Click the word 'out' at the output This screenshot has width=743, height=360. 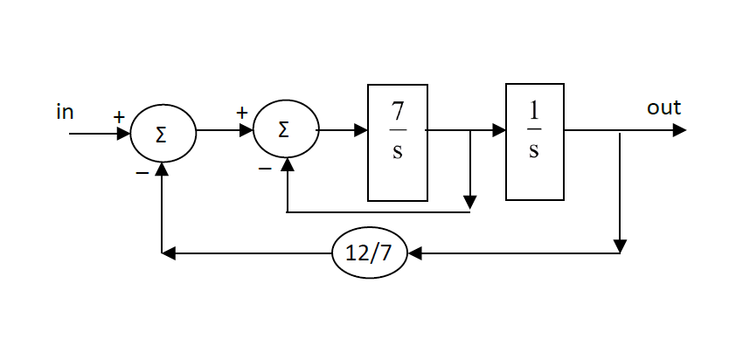pyautogui.click(x=663, y=108)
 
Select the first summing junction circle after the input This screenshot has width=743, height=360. pyautogui.click(x=163, y=135)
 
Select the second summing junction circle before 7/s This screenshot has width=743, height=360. pyautogui.click(x=286, y=131)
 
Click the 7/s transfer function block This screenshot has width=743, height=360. pyautogui.click(x=398, y=142)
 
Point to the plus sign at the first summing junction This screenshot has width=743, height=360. pyautogui.click(x=118, y=116)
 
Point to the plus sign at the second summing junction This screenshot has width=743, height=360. pyautogui.click(x=241, y=113)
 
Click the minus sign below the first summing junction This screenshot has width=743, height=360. pyautogui.click(x=142, y=173)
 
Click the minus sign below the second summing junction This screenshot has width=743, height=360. pyautogui.click(x=265, y=168)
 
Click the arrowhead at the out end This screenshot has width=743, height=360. pyautogui.click(x=679, y=130)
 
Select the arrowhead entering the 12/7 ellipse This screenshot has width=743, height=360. pyautogui.click(x=415, y=253)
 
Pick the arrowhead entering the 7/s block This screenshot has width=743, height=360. pyautogui.click(x=360, y=131)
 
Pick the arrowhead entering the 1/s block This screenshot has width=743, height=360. pyautogui.click(x=499, y=131)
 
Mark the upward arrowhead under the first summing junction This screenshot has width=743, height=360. pyautogui.click(x=163, y=169)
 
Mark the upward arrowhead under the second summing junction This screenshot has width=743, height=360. pyautogui.click(x=287, y=165)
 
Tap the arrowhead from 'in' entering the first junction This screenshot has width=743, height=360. pyautogui.click(x=123, y=135)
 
